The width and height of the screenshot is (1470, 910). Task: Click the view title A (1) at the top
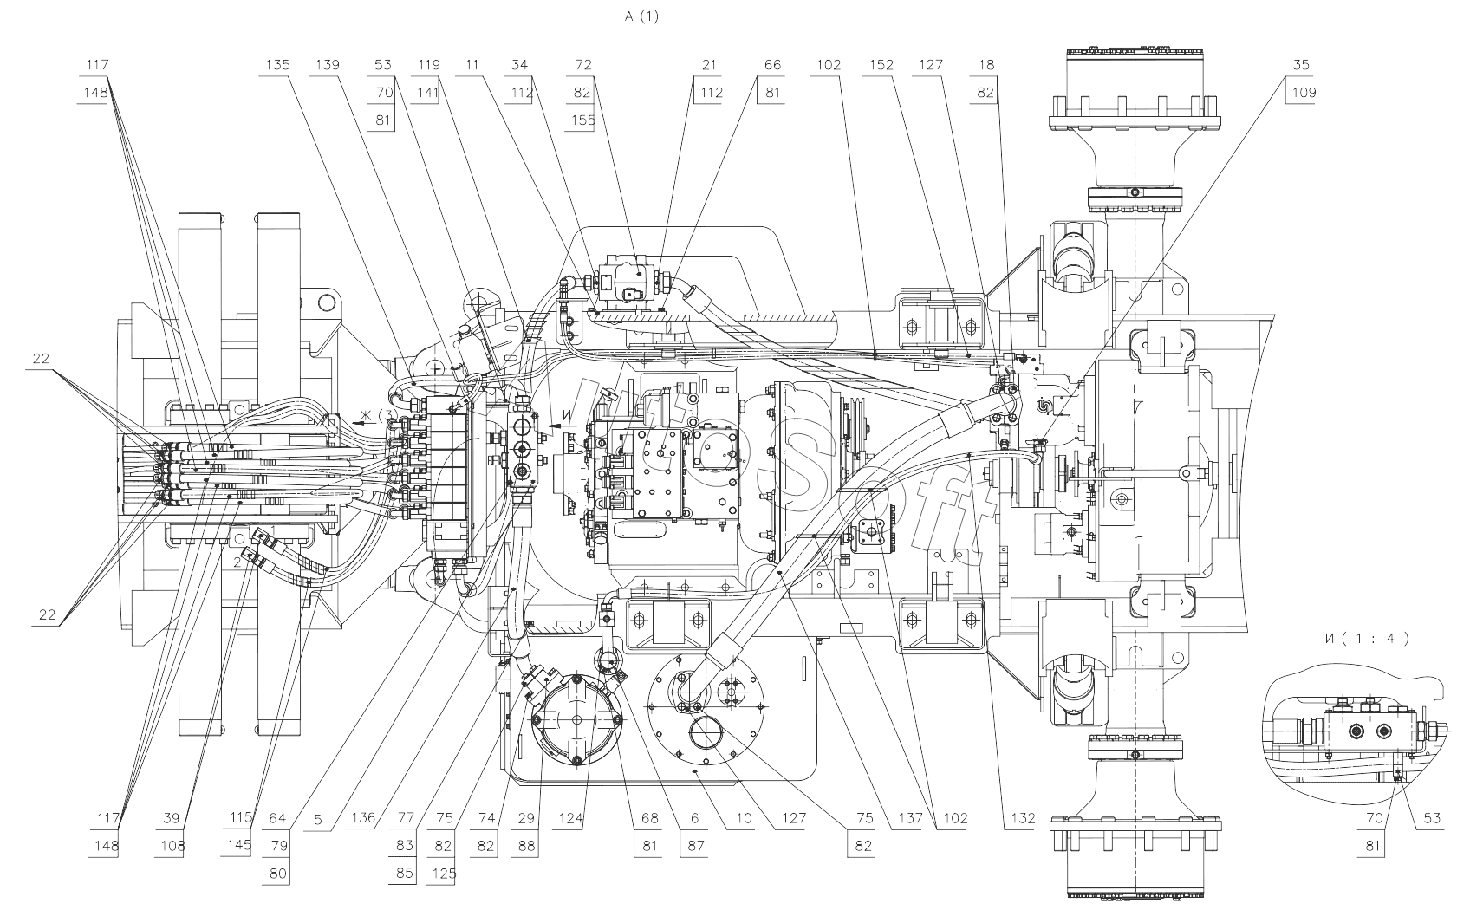(641, 16)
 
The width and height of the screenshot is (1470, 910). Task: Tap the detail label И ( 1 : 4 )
(1366, 638)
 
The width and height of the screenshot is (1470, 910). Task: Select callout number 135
(277, 65)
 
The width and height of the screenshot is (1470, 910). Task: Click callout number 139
(328, 65)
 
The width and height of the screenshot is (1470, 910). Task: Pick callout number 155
(583, 120)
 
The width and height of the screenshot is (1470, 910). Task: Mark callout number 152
(881, 65)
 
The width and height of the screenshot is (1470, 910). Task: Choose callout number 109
(1304, 93)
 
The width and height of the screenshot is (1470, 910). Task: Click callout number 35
(1301, 65)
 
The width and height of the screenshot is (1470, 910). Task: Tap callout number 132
(1023, 818)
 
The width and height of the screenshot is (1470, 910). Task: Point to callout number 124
(570, 818)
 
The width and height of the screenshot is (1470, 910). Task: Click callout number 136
(363, 818)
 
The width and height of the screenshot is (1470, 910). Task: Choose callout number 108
(172, 846)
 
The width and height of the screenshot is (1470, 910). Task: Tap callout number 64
(277, 818)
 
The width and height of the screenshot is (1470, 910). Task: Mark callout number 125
(445, 874)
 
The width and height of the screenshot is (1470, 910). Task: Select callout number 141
(428, 93)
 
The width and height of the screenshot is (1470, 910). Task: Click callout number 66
(772, 65)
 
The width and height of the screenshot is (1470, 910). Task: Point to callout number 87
(696, 846)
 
